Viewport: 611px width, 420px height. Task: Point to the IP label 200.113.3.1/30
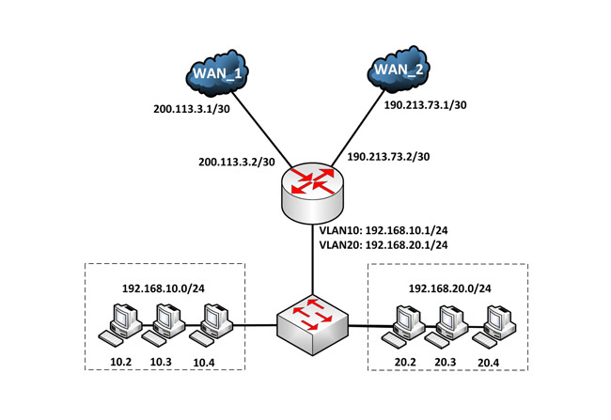click(196, 109)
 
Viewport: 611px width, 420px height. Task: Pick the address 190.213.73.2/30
click(389, 156)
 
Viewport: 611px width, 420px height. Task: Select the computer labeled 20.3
click(448, 324)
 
